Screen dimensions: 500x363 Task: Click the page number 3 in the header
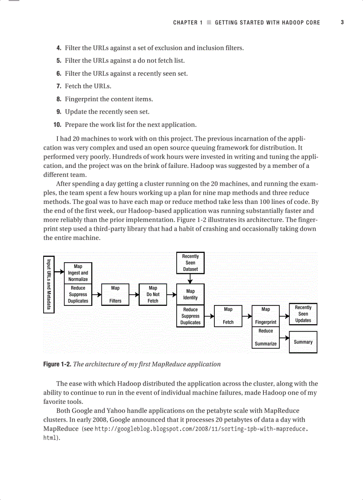[342, 22]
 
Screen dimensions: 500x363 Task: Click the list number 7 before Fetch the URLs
[58, 86]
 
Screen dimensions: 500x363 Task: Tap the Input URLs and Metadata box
[49, 285]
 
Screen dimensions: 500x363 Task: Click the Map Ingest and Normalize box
[78, 273]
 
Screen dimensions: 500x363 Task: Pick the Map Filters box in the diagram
[115, 294]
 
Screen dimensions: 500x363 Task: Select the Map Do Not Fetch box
[153, 294]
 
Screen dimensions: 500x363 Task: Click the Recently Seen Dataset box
[190, 263]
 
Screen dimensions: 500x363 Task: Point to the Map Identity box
[190, 294]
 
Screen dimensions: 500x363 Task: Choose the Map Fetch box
[228, 316]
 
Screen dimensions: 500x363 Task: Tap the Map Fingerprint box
[266, 316]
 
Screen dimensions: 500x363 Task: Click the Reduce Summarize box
[266, 337]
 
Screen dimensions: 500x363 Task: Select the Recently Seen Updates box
[303, 314]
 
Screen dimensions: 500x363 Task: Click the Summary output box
[303, 342]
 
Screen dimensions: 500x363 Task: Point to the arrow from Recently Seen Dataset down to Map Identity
[190, 279]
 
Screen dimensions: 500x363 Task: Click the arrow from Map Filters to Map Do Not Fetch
[134, 294]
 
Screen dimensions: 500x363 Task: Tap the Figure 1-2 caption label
[57, 364]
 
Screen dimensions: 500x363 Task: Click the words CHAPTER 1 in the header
[188, 23]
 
